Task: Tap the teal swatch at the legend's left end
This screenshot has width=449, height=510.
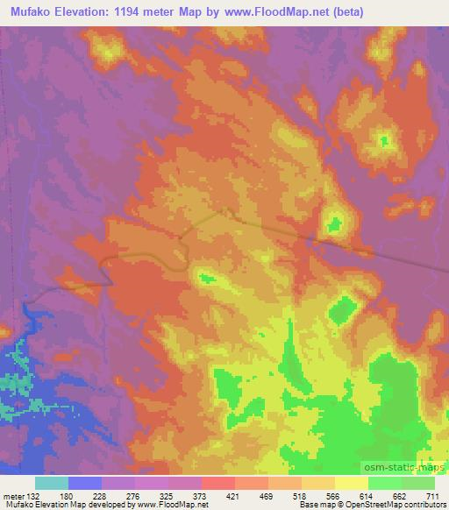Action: pyautogui.click(x=52, y=483)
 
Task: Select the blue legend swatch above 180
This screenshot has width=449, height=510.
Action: pyautogui.click(x=85, y=483)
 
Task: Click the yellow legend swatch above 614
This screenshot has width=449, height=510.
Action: pyautogui.click(x=352, y=483)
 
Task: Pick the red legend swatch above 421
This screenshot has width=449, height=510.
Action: pyautogui.click(x=217, y=483)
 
